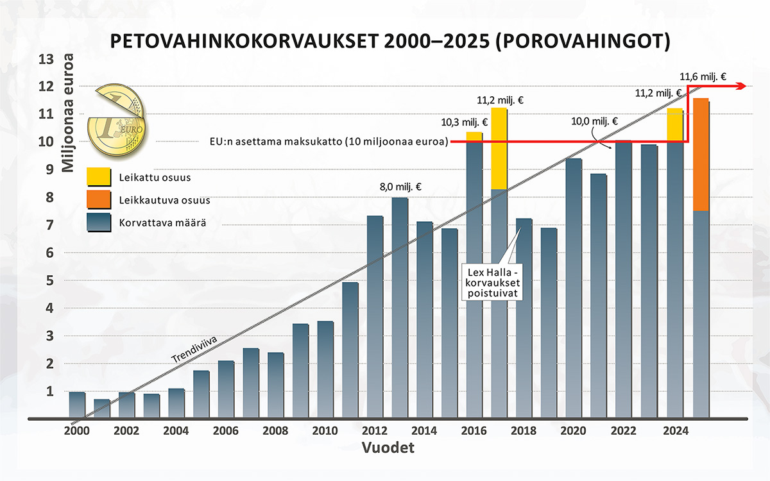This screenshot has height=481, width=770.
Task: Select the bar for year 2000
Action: (77, 405)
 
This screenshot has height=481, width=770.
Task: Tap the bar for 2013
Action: (400, 308)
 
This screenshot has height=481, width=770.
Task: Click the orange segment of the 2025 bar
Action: (701, 155)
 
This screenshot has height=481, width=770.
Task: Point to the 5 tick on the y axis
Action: (46, 280)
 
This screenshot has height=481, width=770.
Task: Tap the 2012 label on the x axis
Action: (375, 431)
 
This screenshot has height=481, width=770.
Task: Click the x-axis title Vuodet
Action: (387, 448)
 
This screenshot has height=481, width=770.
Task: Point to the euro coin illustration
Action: (118, 122)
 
